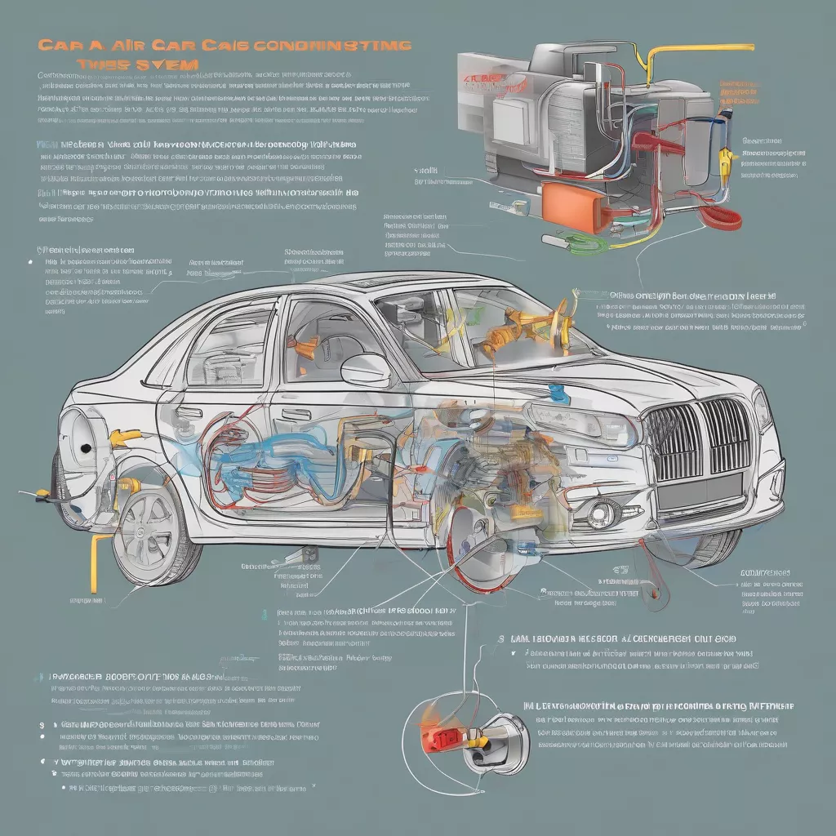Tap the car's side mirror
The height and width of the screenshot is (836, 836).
click(x=366, y=371)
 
